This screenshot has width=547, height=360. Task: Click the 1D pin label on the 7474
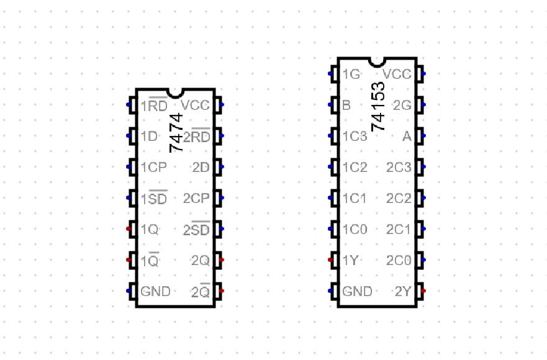[149, 136]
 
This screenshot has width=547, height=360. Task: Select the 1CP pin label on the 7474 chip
[153, 167]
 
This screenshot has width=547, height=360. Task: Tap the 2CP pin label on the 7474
[196, 198]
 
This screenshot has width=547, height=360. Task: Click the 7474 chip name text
[176, 133]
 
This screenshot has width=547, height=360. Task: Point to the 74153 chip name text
[378, 106]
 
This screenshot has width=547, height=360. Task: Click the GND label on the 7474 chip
[155, 291]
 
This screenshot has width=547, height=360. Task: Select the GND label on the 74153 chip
[358, 291]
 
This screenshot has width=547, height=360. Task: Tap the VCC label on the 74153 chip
[397, 74]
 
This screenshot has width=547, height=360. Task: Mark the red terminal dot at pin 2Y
[423, 291]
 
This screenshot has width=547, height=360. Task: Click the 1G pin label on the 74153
[351, 74]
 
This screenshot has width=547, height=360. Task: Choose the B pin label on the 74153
[346, 105]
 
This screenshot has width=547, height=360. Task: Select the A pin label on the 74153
[407, 136]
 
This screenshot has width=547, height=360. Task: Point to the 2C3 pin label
[399, 167]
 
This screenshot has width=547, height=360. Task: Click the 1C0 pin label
[355, 229]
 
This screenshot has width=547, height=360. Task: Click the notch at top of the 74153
[377, 61]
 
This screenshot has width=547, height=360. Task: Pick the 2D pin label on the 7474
[201, 167]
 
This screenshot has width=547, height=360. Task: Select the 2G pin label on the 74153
[402, 105]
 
